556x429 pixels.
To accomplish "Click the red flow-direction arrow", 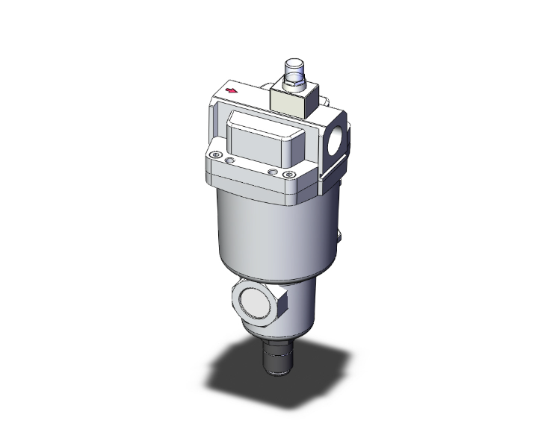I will (x=232, y=91).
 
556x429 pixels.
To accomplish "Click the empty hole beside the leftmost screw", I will (x=230, y=160).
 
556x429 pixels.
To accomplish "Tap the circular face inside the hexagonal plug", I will (x=256, y=300).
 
